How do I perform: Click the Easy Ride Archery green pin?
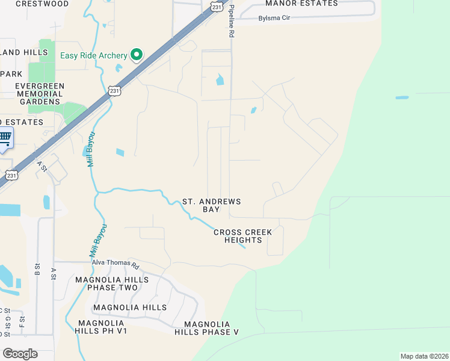click(x=137, y=55)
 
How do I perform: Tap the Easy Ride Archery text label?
click(x=94, y=56)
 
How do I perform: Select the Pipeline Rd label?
click(x=230, y=22)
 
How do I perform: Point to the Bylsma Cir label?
click(x=274, y=18)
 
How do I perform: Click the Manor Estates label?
click(x=301, y=4)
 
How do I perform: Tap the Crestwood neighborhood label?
click(x=42, y=4)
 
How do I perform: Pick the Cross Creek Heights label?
click(x=243, y=236)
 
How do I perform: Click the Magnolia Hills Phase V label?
click(x=207, y=328)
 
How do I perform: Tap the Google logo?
click(x=20, y=354)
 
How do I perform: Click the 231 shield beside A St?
click(x=11, y=175)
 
